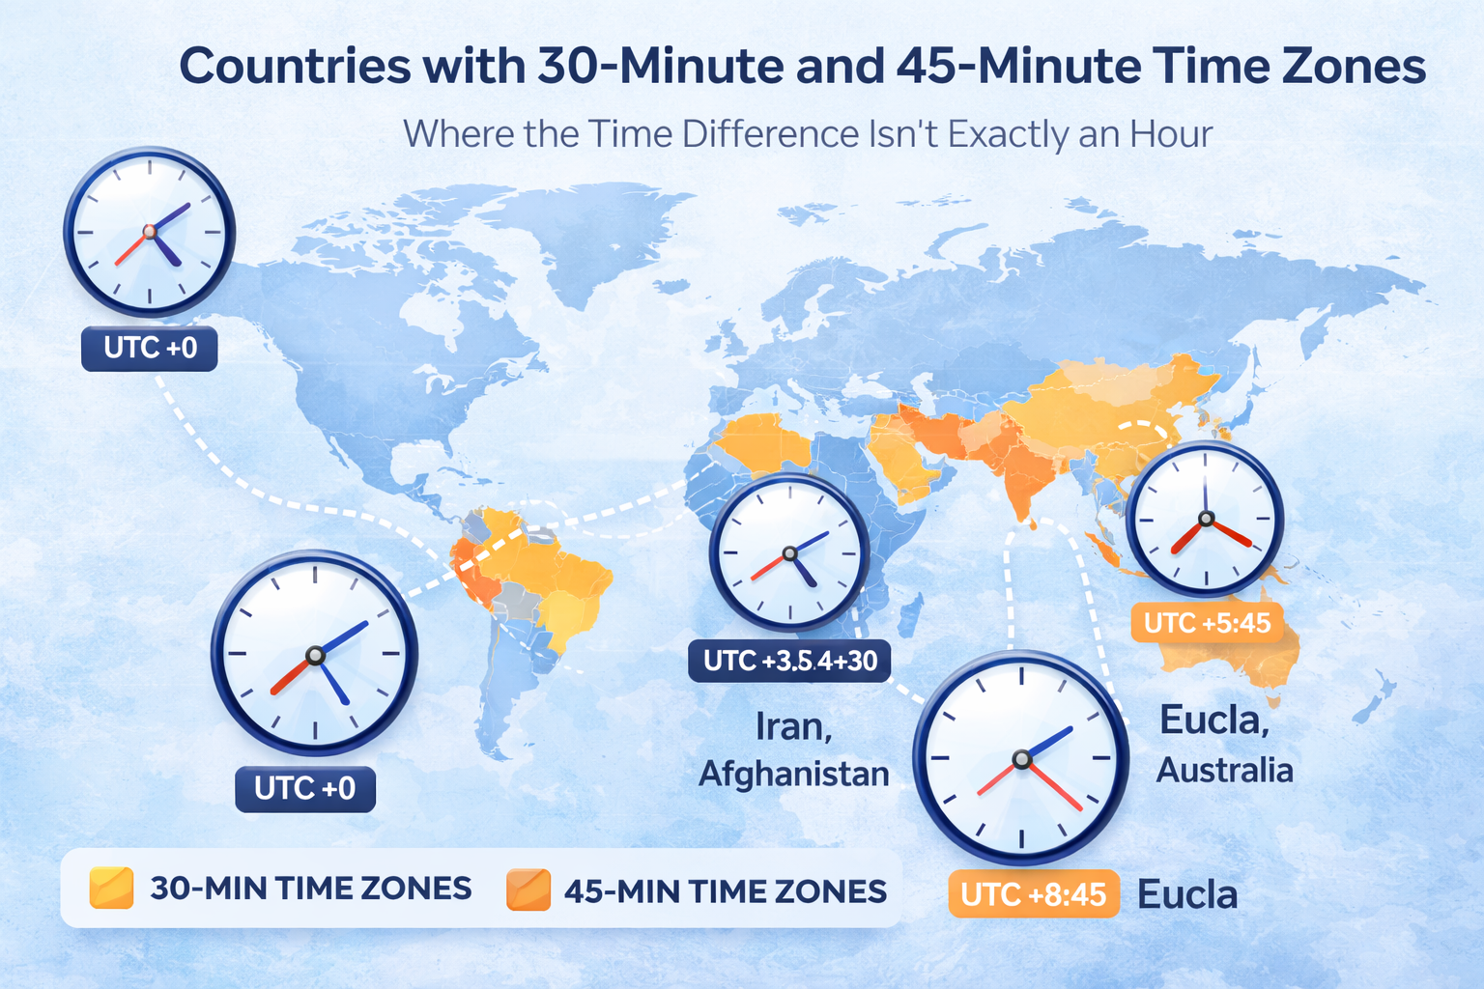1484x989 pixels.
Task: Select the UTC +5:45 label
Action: pos(1207,623)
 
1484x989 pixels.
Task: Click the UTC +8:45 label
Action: pos(1033,894)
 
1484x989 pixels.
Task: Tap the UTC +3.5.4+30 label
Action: pos(789,661)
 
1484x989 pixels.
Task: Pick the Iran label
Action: pos(793,726)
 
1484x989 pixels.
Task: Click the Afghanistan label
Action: pos(793,774)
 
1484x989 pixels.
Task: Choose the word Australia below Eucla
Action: pos(1224,771)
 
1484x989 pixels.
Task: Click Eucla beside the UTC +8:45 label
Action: pos(1187,895)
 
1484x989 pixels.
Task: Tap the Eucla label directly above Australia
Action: pos(1214,721)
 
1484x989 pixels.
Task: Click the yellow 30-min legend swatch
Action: pos(111,888)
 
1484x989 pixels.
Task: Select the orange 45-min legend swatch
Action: pos(528,890)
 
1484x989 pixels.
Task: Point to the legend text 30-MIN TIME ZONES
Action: pos(310,889)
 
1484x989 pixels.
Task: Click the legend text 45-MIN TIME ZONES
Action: pos(725,891)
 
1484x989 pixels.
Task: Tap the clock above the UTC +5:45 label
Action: pos(1205,519)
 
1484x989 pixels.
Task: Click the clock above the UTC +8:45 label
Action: pos(1021,758)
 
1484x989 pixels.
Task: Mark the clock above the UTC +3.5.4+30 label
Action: pos(789,552)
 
